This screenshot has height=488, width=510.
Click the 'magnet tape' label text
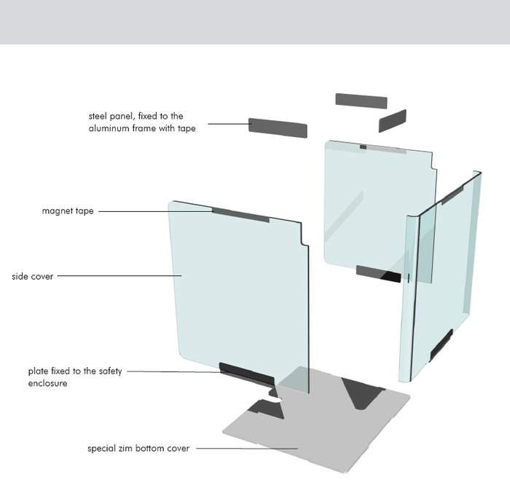point(68,211)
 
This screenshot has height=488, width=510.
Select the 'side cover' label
point(33,277)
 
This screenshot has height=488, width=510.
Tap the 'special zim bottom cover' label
point(138,449)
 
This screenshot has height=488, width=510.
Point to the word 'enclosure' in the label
point(48,383)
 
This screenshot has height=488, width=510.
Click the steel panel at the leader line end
point(278,127)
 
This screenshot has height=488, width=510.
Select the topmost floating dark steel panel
point(361,101)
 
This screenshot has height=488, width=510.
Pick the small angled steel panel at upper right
point(392,120)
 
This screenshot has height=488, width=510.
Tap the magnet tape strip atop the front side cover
point(240,215)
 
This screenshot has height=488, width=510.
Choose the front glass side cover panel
point(233,291)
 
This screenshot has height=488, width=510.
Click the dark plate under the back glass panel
point(378,274)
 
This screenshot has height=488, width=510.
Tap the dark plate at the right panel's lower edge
point(441,345)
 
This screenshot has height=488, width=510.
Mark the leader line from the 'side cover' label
point(117,276)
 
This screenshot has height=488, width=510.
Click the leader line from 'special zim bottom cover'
point(244,449)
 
